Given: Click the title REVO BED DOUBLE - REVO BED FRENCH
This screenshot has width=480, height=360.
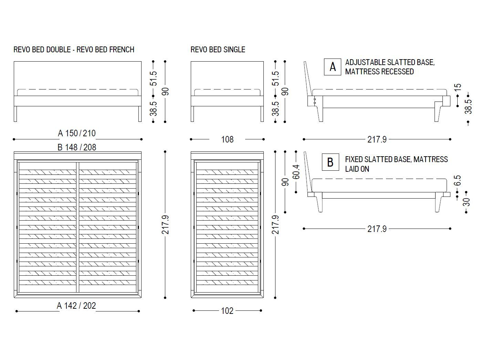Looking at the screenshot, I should point(74,50).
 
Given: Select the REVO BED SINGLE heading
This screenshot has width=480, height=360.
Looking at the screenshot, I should point(218,50).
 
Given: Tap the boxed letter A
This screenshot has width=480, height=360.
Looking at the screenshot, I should point(332,67).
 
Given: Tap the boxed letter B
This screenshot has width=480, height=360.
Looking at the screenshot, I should point(330,162).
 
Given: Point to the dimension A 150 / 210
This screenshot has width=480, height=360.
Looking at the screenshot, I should point(77,133).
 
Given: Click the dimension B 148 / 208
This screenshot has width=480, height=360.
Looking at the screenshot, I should point(77,147).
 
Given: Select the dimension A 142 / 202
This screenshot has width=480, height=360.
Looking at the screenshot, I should point(76,306).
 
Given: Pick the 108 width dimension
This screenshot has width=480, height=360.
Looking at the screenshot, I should point(227,139).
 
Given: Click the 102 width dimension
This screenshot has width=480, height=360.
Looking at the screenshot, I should point(227,311).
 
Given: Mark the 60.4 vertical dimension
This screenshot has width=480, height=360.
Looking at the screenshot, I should point(296,171).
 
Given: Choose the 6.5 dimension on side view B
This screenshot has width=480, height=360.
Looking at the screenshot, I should point(457,180).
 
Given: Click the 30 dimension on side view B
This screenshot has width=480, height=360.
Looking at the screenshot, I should point(467,202).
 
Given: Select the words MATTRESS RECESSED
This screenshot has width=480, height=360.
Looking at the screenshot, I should point(379,72).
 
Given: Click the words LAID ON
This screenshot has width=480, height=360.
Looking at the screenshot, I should point(357,169).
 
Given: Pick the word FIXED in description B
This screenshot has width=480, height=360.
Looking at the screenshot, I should point(354,159).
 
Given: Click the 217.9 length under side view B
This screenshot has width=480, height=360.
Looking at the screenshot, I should point(377,229).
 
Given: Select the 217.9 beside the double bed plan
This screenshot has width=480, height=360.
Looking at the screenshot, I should point(166,225).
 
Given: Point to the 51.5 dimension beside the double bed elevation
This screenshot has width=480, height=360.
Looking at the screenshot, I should point(154,78).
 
